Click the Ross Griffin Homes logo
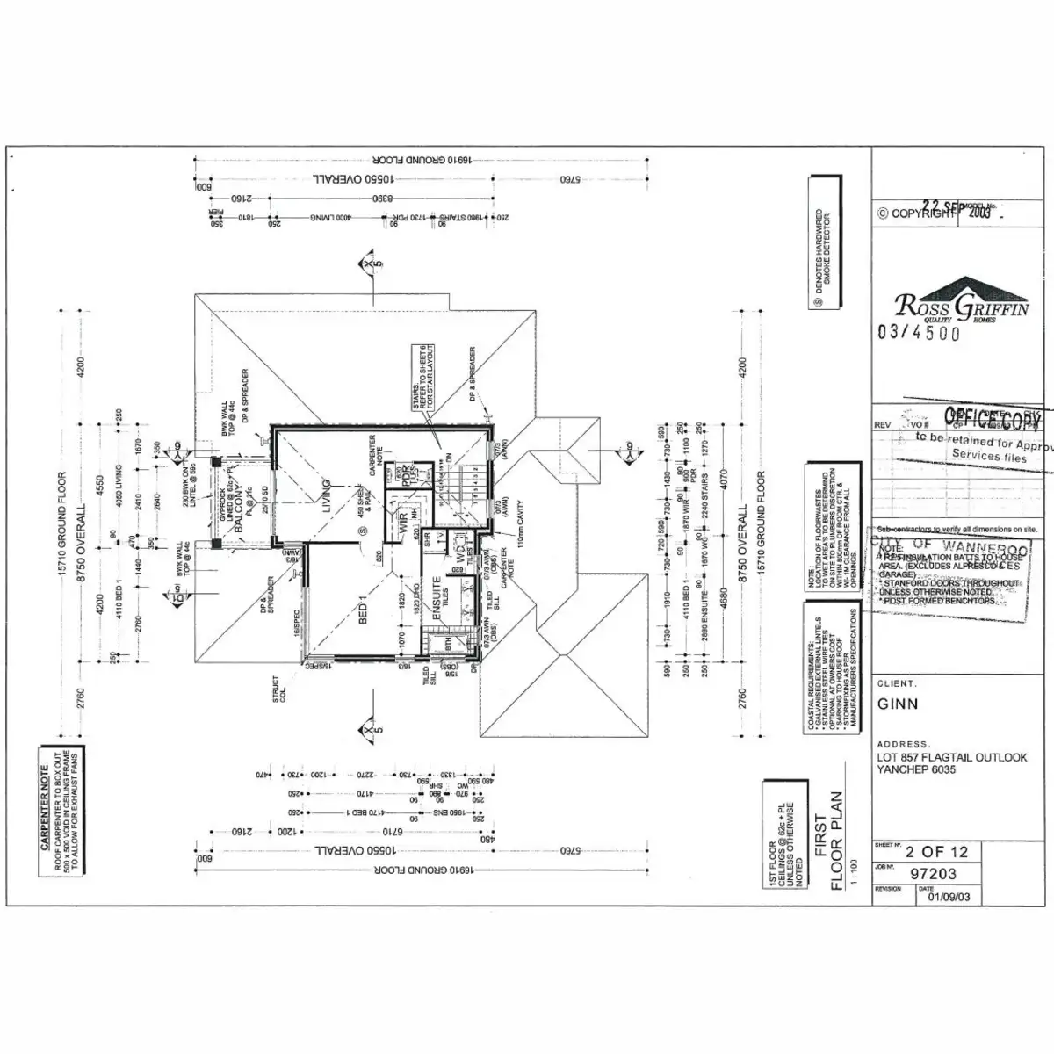point(962,303)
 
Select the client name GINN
point(898,704)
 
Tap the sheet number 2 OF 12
point(936,851)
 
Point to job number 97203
point(933,874)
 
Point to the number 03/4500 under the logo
point(919,333)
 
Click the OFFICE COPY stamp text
point(993,419)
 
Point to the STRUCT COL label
point(278,689)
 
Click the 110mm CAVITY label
point(520,532)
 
